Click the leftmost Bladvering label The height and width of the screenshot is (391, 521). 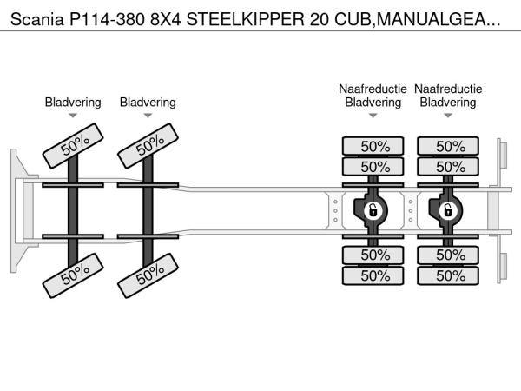click(x=73, y=103)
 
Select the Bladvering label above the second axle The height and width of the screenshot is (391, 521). click(x=148, y=103)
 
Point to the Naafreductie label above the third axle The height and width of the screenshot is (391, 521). click(x=373, y=89)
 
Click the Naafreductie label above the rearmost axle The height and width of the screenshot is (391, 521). click(x=448, y=89)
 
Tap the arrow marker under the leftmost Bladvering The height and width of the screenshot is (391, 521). click(x=73, y=116)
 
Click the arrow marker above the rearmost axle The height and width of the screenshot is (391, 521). click(x=448, y=116)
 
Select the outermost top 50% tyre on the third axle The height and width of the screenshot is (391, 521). click(x=373, y=146)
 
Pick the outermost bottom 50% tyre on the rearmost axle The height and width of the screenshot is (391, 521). click(x=449, y=275)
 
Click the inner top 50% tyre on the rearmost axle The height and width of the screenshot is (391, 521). click(x=449, y=166)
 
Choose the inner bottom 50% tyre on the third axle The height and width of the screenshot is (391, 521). click(x=373, y=255)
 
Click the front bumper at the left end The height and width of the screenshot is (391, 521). click(x=16, y=210)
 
